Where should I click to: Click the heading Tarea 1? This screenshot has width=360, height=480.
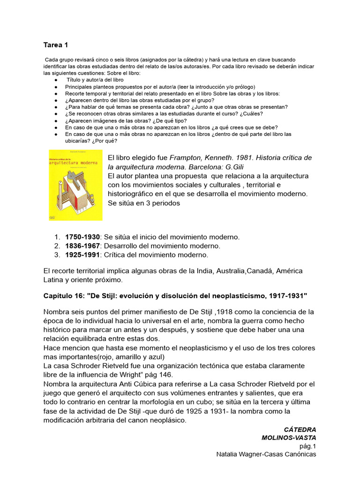(x=55, y=45)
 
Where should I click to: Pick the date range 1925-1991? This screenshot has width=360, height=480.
(x=82, y=255)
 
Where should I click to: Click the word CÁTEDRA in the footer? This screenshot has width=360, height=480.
(x=300, y=429)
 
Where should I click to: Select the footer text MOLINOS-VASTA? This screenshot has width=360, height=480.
(x=289, y=438)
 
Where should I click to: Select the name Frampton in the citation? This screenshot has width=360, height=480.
(x=185, y=157)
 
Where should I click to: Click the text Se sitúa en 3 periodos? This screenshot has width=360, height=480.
(x=144, y=203)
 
